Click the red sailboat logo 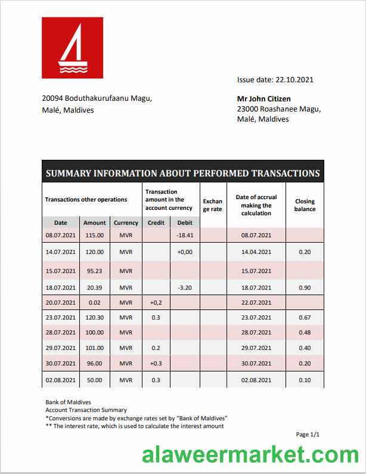coord(72,48)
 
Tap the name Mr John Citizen coord(264,99)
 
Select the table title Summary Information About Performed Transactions coord(182,174)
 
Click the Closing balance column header coord(305,205)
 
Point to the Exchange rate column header coord(213,205)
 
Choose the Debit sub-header coord(185,222)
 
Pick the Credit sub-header coord(156,222)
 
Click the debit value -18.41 coord(185,236)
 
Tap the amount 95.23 coord(94,271)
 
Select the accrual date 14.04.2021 coord(256,252)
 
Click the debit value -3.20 coord(185,287)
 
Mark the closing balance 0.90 coord(305,287)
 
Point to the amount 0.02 coord(94,302)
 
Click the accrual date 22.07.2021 coord(256,302)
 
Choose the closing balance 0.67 coord(305,317)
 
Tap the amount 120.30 coord(94,317)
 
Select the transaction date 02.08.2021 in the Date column coord(61,379)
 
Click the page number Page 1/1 coord(308,435)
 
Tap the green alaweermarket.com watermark coord(250,455)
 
